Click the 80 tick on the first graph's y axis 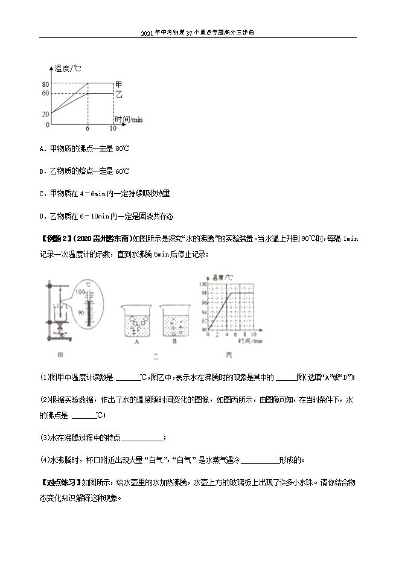point(46,83)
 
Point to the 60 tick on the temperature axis point(46,93)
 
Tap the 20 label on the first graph point(46,114)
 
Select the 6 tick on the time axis point(88,129)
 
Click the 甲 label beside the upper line point(119,83)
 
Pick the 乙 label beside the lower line point(119,94)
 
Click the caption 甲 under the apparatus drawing point(59,354)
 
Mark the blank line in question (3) point(142,438)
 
